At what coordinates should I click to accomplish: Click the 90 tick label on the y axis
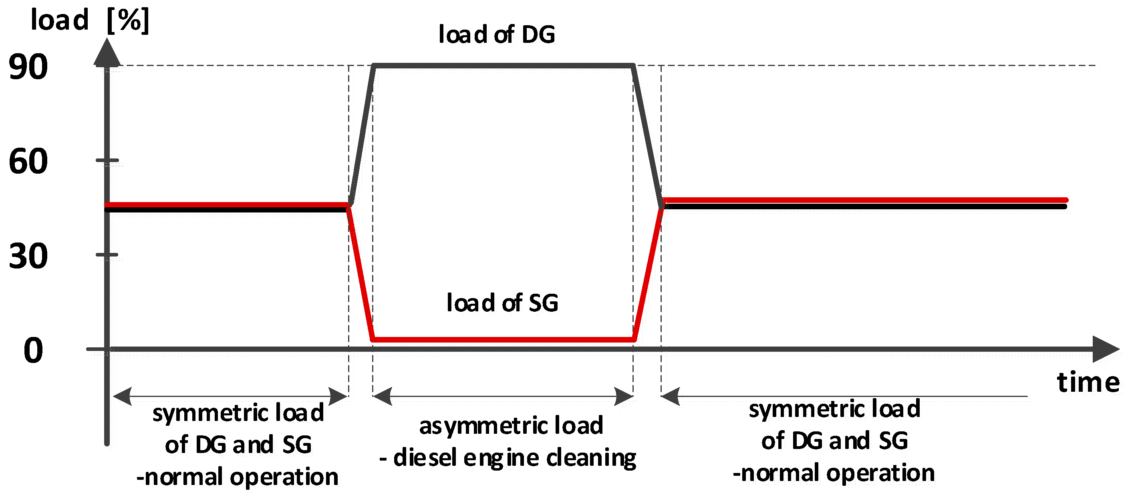(x=28, y=67)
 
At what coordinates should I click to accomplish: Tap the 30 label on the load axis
(x=28, y=257)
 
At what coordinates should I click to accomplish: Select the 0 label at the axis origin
(x=33, y=350)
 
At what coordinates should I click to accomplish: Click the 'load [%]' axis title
(x=90, y=20)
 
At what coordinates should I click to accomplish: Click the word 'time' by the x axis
(x=1088, y=382)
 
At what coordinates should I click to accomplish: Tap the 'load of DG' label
(x=497, y=34)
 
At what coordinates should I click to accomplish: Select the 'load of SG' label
(x=502, y=303)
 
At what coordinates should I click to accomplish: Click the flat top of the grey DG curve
(x=504, y=66)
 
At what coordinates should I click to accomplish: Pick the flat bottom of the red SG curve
(x=504, y=340)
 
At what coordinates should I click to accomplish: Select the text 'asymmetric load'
(x=511, y=425)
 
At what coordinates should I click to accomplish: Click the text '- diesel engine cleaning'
(x=508, y=458)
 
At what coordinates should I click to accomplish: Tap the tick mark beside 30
(x=107, y=255)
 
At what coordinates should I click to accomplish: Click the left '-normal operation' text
(x=237, y=477)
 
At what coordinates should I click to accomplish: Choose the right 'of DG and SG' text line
(x=834, y=441)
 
